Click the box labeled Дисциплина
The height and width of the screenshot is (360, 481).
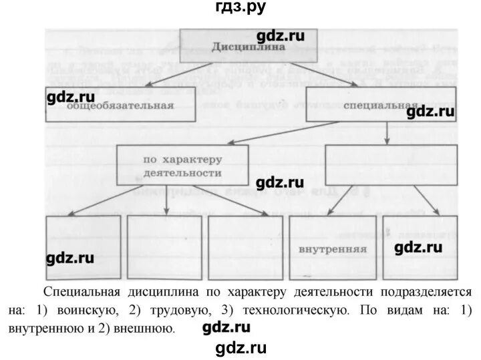click(249, 47)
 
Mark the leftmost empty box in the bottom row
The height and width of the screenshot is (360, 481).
click(83, 248)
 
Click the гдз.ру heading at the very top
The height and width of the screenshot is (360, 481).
click(240, 7)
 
